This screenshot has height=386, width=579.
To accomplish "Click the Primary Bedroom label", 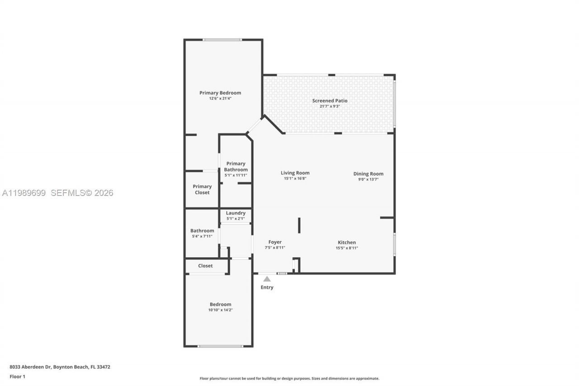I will click(220, 93).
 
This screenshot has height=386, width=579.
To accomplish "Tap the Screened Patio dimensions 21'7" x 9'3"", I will click(330, 107).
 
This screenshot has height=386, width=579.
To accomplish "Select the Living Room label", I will click(295, 172).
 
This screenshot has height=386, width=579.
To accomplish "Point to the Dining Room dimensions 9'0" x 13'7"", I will click(368, 180).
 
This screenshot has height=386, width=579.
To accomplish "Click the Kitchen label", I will click(346, 242).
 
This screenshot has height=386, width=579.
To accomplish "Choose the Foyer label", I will click(275, 242).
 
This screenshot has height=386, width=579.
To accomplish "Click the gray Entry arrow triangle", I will click(267, 279).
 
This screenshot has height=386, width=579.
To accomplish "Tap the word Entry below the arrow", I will click(267, 287).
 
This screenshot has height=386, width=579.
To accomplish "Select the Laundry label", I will click(236, 213).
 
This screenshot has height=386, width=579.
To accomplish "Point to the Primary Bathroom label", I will click(236, 167).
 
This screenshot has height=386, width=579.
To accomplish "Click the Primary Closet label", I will click(202, 189).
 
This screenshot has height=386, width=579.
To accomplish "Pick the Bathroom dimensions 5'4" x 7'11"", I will click(202, 237).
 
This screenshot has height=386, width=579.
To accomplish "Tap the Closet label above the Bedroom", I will click(205, 266).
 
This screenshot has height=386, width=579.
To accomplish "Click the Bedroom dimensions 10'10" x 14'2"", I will click(220, 310).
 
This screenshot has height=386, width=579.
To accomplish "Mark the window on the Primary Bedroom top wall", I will click(222, 40).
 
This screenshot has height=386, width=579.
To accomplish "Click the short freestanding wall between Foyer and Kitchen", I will click(299, 225).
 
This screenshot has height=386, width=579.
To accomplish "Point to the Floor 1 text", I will click(18, 376).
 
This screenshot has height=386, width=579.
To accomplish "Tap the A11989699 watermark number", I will click(24, 193).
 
